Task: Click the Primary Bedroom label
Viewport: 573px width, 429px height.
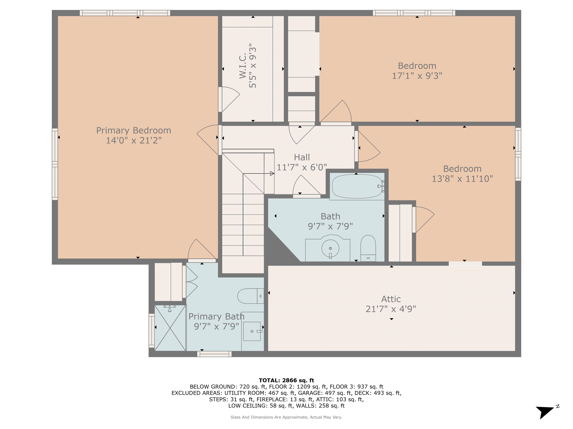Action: tap(134, 130)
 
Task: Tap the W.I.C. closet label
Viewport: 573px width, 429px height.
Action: tap(243, 66)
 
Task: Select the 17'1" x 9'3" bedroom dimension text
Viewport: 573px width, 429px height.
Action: tap(417, 76)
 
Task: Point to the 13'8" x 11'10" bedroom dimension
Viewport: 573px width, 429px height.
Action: tap(462, 179)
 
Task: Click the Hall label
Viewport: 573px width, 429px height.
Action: tap(302, 157)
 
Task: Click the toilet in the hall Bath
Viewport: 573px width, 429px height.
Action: tap(368, 248)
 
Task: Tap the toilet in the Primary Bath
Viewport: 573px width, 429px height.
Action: tap(251, 296)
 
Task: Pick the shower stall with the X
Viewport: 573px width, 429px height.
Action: tap(170, 328)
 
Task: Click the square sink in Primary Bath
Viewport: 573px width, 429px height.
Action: tap(252, 331)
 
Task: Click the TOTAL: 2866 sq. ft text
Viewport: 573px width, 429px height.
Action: tap(286, 380)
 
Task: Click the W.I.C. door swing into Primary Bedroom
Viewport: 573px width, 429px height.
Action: tap(229, 99)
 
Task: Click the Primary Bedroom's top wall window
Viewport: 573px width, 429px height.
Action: tap(125, 13)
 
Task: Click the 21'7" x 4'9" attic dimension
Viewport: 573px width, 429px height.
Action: tap(391, 309)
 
